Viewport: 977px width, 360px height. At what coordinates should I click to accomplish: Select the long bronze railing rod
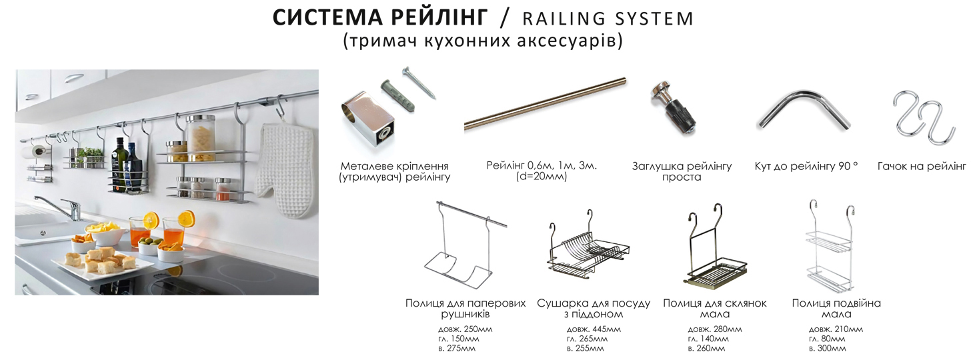coord(545,103)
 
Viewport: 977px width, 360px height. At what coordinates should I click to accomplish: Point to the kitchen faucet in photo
coord(63,207)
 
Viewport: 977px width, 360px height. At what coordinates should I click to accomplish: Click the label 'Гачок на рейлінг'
coord(922,166)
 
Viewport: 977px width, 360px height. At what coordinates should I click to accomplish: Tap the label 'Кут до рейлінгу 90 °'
coord(806,166)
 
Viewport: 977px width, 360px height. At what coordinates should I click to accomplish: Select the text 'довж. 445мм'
coord(594,329)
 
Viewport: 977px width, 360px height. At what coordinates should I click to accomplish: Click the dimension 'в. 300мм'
coord(827,349)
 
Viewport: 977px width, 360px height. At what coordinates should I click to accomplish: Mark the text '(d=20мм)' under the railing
coord(541,177)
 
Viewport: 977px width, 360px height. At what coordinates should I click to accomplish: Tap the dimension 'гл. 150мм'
coord(459,339)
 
